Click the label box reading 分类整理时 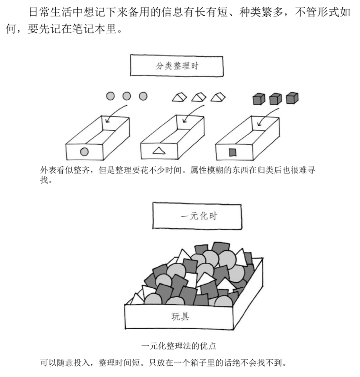177,66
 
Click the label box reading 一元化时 197,216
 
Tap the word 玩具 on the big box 180,317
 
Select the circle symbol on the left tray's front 84,152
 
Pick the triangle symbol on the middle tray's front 159,151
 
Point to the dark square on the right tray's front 233,152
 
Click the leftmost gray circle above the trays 110,96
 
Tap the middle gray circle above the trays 127,96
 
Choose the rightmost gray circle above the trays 143,96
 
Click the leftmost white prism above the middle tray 180,97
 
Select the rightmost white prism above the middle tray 218,97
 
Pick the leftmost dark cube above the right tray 259,99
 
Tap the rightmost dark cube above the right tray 292,98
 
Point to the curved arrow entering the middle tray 191,112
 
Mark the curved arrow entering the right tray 266,115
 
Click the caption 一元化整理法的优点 178,346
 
